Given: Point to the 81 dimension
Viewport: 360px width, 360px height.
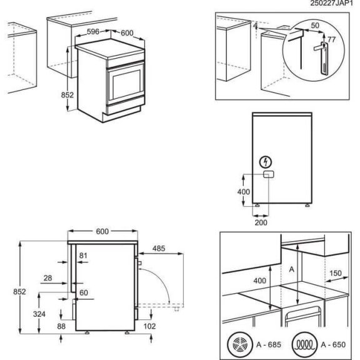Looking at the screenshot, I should point(84,255).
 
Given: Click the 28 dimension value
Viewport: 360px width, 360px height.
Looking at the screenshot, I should point(49,277).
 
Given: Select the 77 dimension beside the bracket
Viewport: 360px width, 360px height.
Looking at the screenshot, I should point(332,39).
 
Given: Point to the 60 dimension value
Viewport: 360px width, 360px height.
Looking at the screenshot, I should point(83,292).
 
